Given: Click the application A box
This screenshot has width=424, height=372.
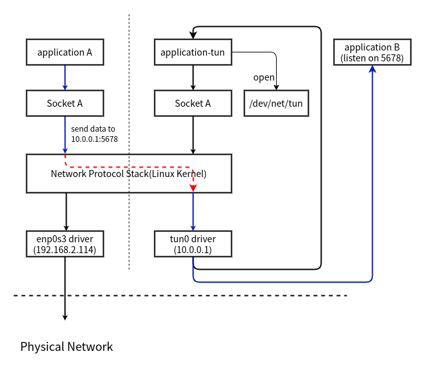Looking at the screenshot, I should point(65,52).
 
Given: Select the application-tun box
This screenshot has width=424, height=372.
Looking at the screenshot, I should point(193,52).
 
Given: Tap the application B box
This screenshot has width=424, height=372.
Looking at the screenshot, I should point(372,52).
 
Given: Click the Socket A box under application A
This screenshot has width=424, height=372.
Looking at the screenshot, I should point(65,103).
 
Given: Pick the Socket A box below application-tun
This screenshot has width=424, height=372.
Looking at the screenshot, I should point(193,103).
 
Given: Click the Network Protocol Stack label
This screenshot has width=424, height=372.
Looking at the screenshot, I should point(129,173).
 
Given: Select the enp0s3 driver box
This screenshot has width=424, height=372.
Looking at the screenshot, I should point(65,244).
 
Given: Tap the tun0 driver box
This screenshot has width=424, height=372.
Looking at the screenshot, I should point(193,244).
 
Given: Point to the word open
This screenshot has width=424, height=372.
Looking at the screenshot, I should point(264,77).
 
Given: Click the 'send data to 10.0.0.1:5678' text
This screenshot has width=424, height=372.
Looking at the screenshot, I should point(94,134).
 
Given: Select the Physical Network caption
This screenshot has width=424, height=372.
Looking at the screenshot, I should point(67,347).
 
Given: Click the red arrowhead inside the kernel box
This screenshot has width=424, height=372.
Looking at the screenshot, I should point(193,187).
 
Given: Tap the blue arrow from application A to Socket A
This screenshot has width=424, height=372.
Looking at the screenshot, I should point(65,77).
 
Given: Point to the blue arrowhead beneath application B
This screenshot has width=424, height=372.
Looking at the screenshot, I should point(372,69).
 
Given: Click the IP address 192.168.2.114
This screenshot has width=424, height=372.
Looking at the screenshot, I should point(65,250).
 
